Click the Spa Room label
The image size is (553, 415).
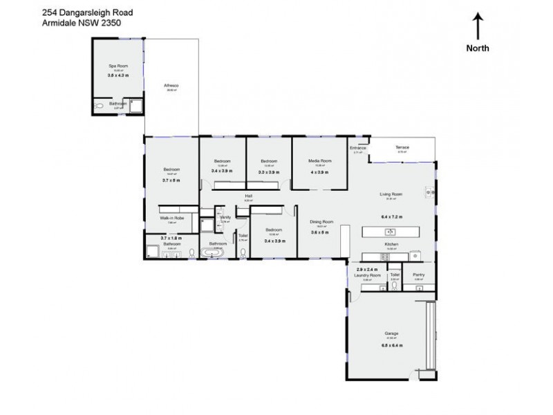click(x=118, y=66)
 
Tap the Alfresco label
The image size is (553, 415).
click(x=171, y=85)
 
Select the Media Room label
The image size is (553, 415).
click(x=319, y=160)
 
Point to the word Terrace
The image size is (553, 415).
click(x=402, y=147)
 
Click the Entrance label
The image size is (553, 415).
click(x=357, y=148)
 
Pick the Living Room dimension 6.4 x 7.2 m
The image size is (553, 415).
click(x=391, y=216)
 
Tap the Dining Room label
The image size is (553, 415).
click(x=321, y=221)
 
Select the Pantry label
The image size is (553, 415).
click(x=419, y=275)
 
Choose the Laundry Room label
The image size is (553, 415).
click(x=368, y=275)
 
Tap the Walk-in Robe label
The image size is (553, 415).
click(x=171, y=218)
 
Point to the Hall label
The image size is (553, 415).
click(x=247, y=196)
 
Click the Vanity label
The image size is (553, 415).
click(x=225, y=217)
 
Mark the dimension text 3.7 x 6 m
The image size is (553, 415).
click(x=171, y=179)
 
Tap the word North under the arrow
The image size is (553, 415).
click(x=478, y=48)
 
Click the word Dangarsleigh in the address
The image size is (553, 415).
click(x=92, y=12)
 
